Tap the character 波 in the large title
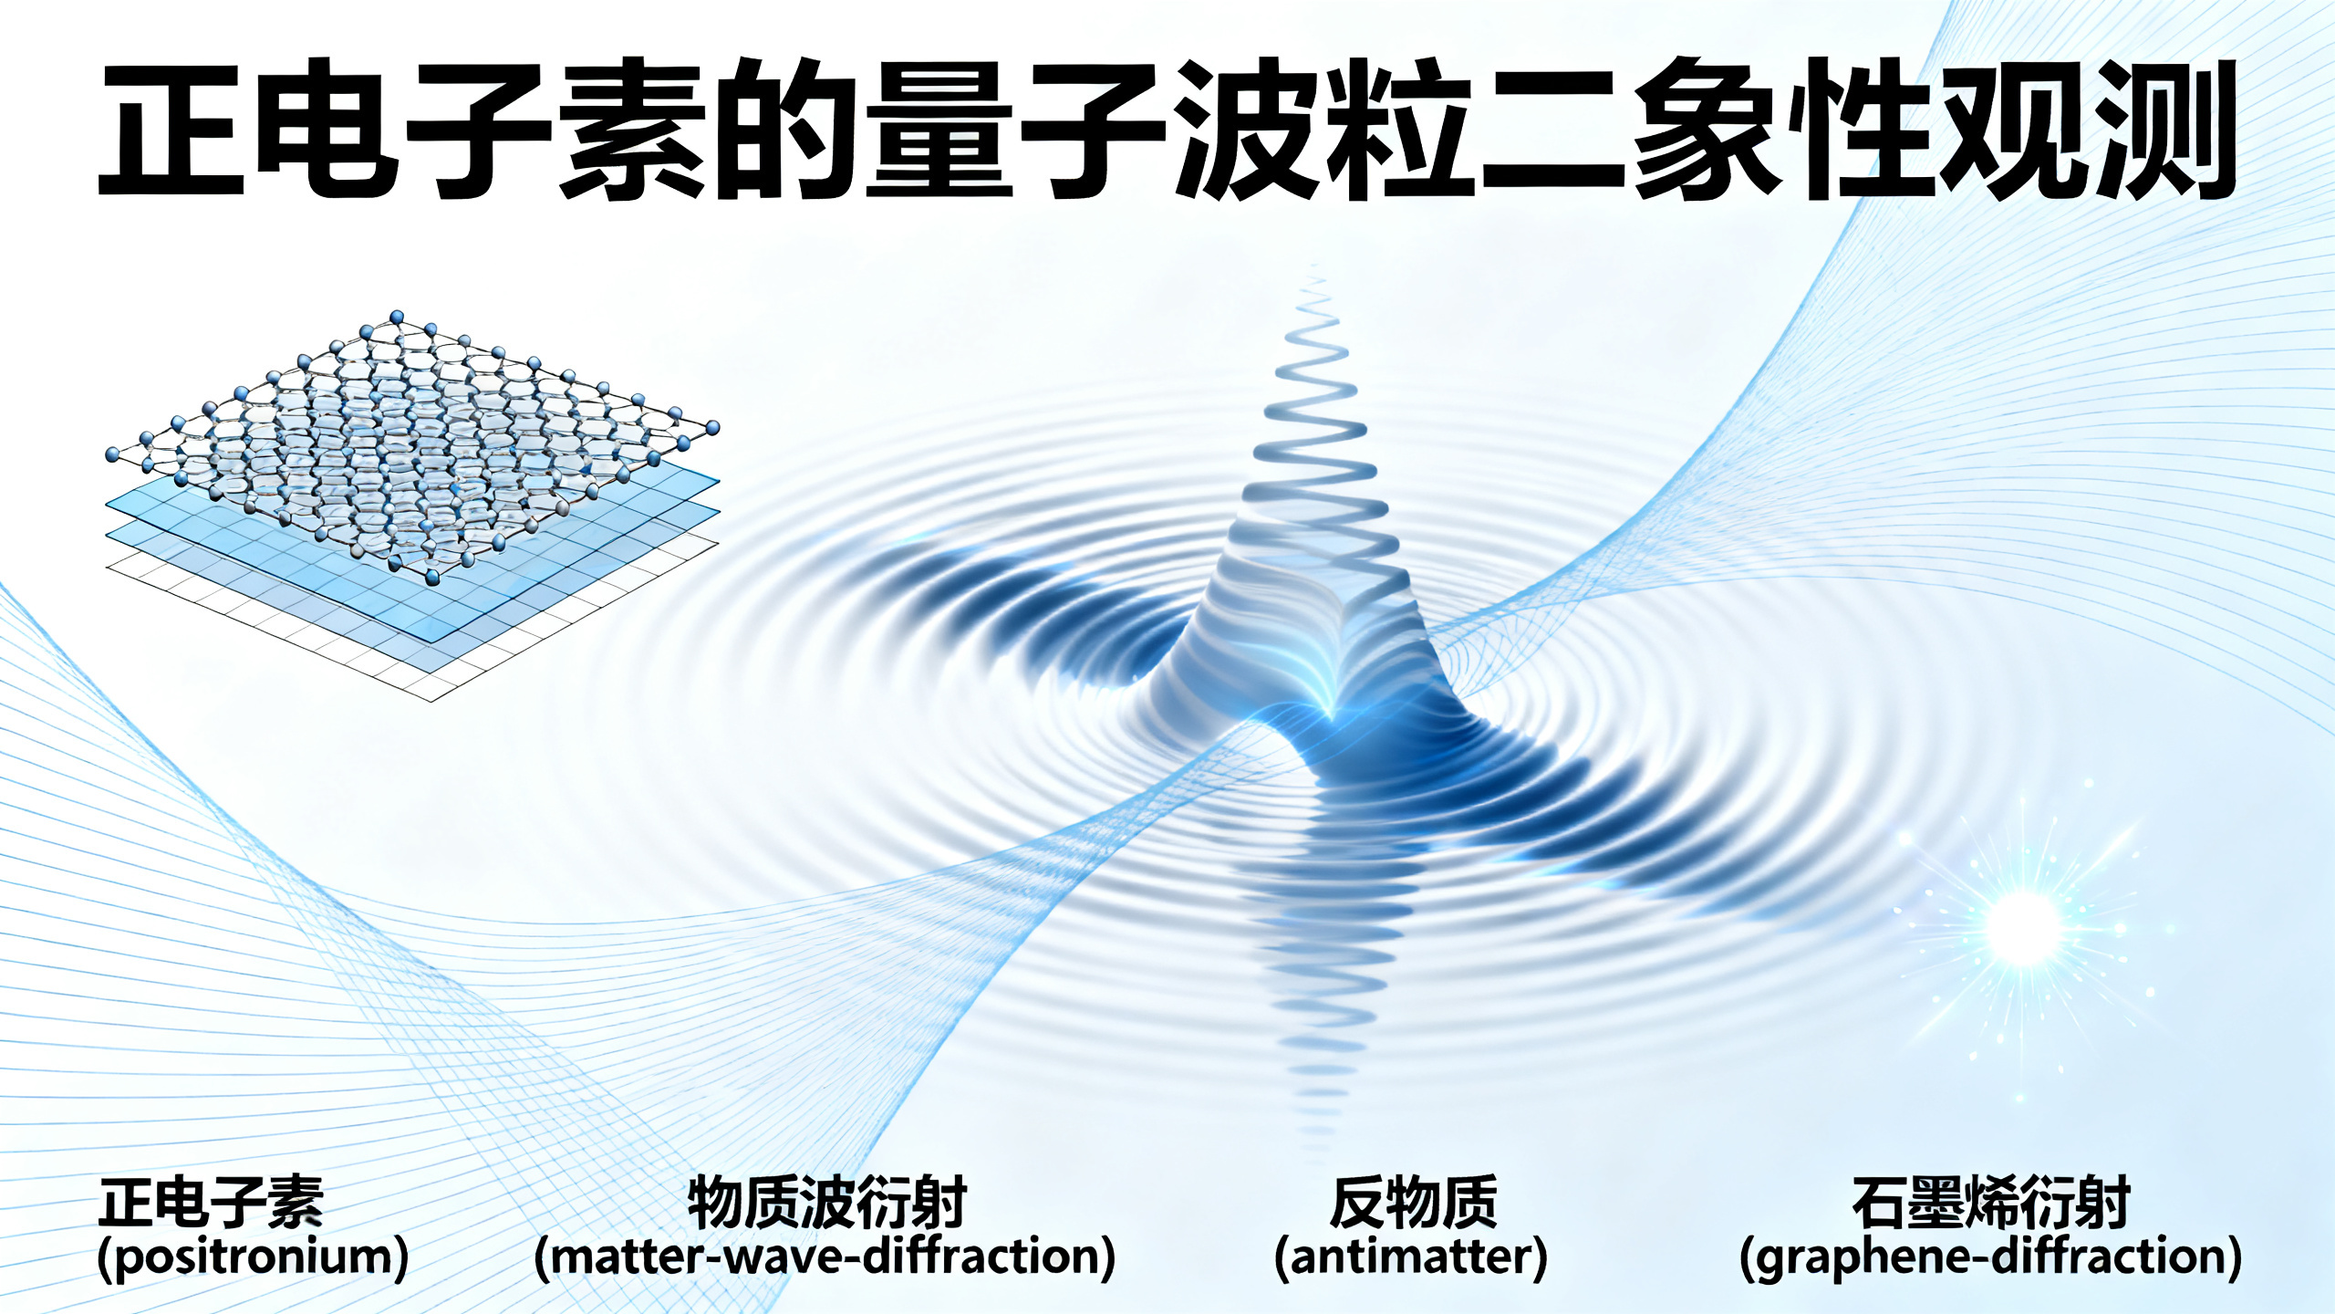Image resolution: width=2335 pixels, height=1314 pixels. tap(1246, 128)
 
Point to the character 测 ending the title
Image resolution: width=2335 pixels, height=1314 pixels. tap(2162, 128)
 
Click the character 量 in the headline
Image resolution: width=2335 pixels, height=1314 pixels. tap(939, 128)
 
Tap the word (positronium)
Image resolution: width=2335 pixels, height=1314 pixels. tap(253, 1257)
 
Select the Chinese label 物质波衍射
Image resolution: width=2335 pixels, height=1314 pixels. tap(826, 1203)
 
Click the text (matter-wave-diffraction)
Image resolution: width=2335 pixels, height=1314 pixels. tap(825, 1257)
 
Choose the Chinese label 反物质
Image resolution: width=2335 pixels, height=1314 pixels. tap(1413, 1203)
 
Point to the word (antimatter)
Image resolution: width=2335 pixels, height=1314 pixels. tap(1411, 1257)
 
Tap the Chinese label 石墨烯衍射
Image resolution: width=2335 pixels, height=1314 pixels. tap(1991, 1203)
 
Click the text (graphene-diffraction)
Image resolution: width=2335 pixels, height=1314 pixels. tap(1990, 1257)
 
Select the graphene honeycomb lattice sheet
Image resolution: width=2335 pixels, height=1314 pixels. tap(410, 438)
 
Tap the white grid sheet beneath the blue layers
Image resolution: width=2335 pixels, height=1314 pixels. tap(274, 620)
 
